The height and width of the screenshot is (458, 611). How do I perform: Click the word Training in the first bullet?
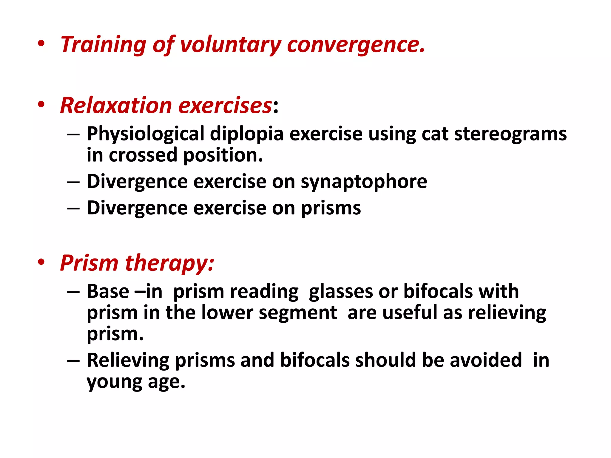pos(103,45)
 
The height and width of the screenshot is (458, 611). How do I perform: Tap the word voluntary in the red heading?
pos(231,45)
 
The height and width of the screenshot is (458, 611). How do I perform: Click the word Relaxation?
pos(116,106)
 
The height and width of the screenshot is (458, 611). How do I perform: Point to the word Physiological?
pos(145,134)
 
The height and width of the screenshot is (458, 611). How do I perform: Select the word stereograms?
pos(510,134)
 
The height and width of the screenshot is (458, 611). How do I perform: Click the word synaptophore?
pos(364,182)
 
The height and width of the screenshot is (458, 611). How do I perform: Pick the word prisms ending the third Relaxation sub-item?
pos(331,208)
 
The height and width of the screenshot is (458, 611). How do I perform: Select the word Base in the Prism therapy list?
pos(108,291)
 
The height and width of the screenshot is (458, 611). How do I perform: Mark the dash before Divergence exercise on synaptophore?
pos(73,182)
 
